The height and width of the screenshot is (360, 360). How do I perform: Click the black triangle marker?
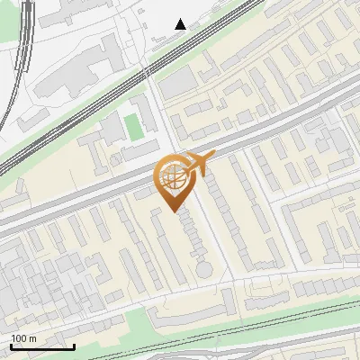[181, 24]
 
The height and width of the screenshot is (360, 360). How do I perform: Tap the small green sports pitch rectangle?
[134, 127]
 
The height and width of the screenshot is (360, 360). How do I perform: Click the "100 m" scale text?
[23, 338]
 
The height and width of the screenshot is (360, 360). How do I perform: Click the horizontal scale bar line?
[42, 346]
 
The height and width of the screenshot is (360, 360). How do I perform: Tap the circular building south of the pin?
[205, 268]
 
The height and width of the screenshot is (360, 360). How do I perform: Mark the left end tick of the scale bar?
[11, 345]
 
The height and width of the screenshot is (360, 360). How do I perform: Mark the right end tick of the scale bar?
[75, 345]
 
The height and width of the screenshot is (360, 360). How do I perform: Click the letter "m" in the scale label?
[32, 338]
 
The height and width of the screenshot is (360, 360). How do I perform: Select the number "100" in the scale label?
[19, 338]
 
